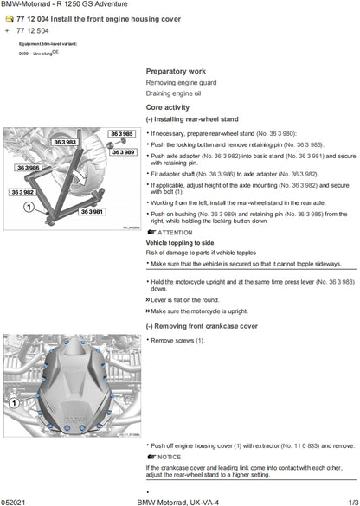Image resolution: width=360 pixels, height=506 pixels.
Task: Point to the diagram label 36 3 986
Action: click(x=29, y=168)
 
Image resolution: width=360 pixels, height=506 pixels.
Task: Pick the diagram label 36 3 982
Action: click(x=22, y=192)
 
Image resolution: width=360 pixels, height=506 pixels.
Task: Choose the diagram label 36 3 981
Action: click(x=91, y=210)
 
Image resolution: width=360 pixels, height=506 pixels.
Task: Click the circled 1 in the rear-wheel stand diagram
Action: click(x=29, y=208)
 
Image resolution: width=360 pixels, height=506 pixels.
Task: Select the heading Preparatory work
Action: click(x=176, y=71)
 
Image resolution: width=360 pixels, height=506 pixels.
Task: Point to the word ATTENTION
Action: click(x=175, y=233)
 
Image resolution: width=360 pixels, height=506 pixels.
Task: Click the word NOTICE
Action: click(x=170, y=456)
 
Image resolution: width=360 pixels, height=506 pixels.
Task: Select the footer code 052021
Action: click(x=17, y=500)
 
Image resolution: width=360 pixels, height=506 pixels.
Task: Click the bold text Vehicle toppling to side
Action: click(x=179, y=243)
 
